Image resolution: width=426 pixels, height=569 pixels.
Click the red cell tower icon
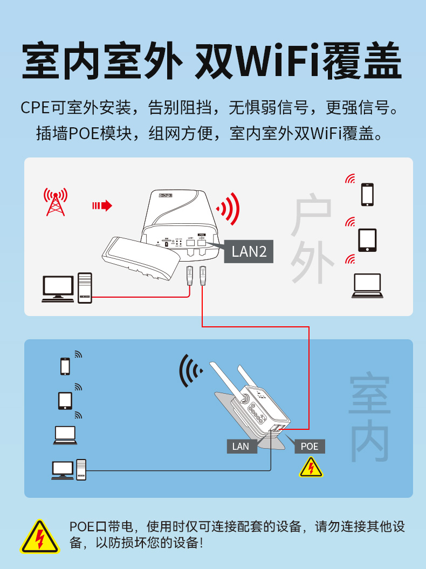point(56,202)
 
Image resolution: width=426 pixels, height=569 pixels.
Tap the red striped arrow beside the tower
point(102,205)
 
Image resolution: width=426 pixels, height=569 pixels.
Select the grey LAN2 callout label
point(249,251)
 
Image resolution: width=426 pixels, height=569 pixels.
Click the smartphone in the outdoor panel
point(367,195)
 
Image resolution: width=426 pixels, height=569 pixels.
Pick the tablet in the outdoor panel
point(367,240)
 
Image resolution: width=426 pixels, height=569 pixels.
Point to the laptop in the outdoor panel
point(367,286)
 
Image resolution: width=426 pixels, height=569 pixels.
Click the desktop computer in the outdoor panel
point(67,288)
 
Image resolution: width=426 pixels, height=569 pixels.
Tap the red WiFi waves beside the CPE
point(229,209)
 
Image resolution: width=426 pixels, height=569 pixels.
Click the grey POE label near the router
point(310,447)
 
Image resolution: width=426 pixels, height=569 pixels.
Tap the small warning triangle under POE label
point(311,468)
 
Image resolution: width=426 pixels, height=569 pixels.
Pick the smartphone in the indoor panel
point(65,366)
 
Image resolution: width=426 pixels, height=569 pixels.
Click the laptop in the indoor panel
point(65,435)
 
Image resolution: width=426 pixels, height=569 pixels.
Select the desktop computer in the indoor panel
point(69,470)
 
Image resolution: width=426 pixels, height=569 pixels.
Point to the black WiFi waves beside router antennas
point(190,371)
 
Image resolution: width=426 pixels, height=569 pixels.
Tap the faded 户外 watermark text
point(312,238)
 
